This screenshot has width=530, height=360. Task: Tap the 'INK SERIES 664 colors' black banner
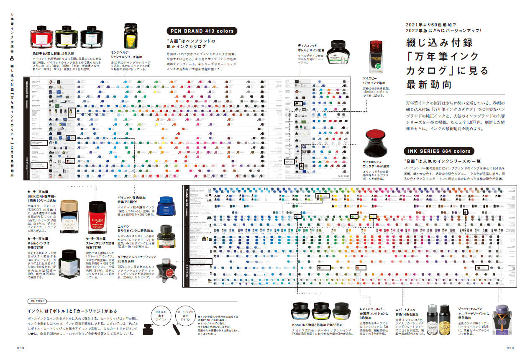coord(438,151)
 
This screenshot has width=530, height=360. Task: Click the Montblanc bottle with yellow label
coord(131,36)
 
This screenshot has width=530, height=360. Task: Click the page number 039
coord(22,347)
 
